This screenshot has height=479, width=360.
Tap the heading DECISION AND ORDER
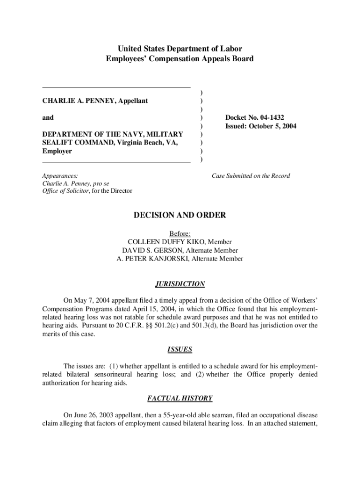(x=180, y=215)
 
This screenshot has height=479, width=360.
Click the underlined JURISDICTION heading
(x=180, y=284)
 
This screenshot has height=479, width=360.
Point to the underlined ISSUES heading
(x=180, y=349)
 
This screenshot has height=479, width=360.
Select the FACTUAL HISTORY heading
(x=180, y=399)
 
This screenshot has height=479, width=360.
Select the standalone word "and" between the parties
(x=48, y=118)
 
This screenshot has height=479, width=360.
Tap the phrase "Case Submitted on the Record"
(x=251, y=176)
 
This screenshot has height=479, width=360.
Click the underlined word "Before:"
(x=180, y=233)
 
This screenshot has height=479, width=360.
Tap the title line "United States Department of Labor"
(x=180, y=49)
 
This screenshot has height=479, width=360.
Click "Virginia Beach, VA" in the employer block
(x=150, y=143)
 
